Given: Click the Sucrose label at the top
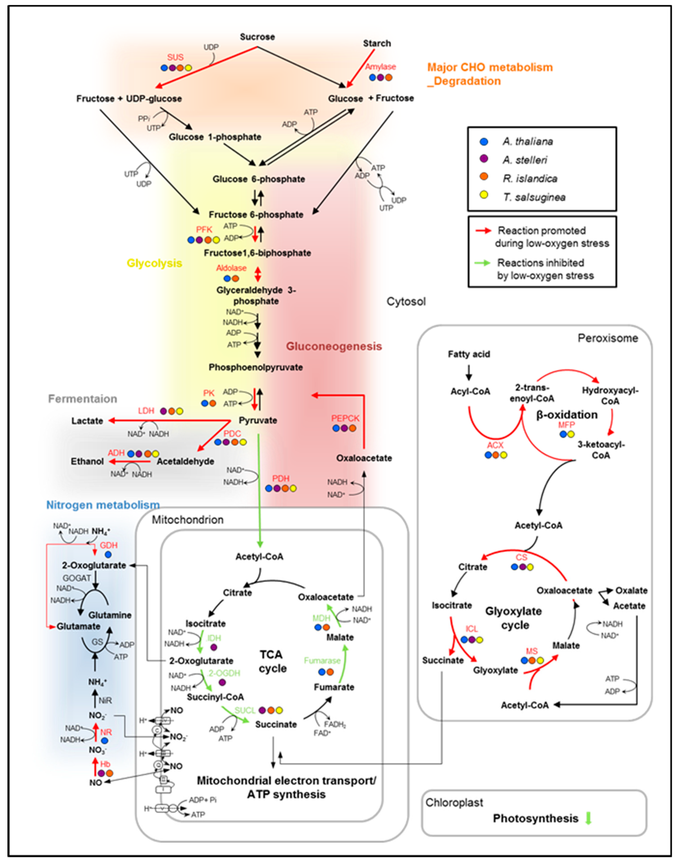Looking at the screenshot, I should point(257,37).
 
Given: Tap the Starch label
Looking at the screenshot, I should point(377,43).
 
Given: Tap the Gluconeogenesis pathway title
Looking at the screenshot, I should point(334,346).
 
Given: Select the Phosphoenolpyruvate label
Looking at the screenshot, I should point(256,367).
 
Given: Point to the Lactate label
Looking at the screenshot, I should point(87,420).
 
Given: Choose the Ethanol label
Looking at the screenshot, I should point(87,461).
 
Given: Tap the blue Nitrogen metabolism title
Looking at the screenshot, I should point(103,505).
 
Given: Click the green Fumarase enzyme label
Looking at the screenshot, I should point(322,661).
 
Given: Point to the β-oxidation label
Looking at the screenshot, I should point(567,415).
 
